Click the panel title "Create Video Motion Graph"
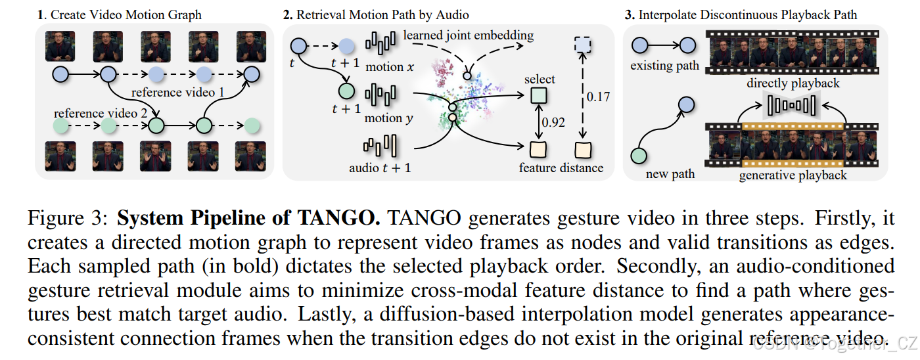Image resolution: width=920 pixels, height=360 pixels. click(125, 14)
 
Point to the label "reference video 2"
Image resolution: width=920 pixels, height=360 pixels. click(101, 113)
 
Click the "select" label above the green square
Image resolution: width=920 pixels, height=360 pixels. click(540, 79)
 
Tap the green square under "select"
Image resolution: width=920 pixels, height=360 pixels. click(539, 97)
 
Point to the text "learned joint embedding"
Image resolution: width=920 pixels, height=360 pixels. click(468, 35)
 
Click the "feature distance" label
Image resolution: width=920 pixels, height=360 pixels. click(561, 168)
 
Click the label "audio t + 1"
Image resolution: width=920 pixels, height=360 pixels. click(380, 168)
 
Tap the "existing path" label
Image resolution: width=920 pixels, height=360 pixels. click(664, 66)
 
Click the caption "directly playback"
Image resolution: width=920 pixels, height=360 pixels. click(793, 83)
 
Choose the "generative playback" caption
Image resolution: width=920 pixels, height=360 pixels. click(793, 175)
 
